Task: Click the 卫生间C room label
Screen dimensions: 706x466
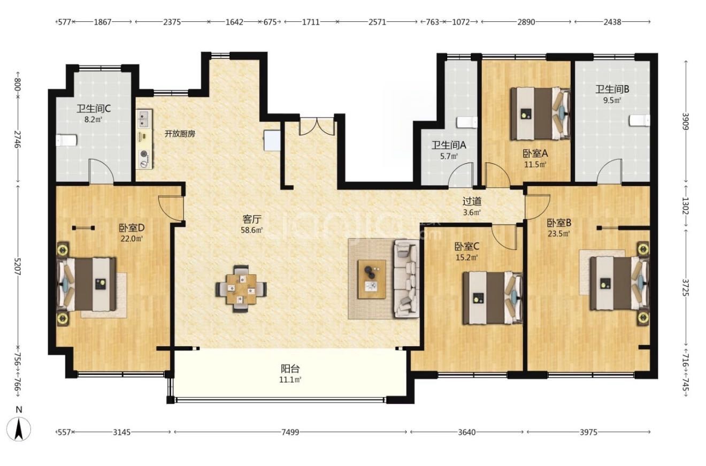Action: pos(93,109)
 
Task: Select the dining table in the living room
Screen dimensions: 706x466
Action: pos(241,289)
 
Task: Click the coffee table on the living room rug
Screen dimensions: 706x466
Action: pos(372,279)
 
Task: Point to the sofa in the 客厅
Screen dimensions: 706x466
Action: pos(406,278)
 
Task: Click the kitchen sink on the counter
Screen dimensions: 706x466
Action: pos(144,118)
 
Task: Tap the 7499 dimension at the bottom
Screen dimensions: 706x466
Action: pos(290,432)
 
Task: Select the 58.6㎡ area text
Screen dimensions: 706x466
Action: pos(252,230)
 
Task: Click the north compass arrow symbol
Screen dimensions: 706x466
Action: pos(19,429)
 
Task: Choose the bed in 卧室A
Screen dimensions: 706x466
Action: pos(541,113)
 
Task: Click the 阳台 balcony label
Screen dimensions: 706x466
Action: pos(290,369)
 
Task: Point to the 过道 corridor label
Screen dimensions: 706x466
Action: pos(472,201)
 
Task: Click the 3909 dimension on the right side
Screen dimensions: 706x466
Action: pos(686,121)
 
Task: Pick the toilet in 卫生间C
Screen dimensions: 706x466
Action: pos(66,140)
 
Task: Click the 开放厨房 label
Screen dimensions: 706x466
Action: pos(180,134)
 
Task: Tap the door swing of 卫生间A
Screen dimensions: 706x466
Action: pos(462,174)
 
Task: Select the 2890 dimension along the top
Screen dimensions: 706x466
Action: pos(526,22)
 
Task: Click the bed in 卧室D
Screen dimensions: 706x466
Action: pos(86,284)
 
